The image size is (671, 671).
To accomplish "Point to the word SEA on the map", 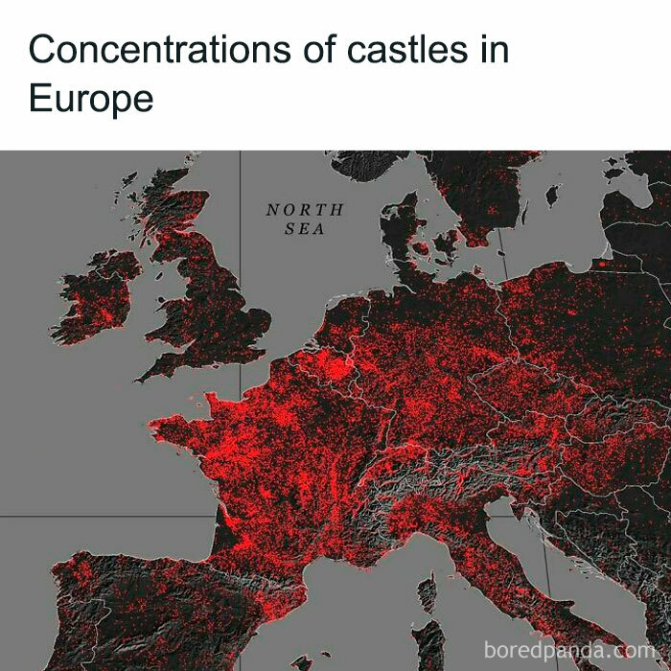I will click(304, 229).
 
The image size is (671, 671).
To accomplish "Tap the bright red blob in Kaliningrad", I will click(602, 262).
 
